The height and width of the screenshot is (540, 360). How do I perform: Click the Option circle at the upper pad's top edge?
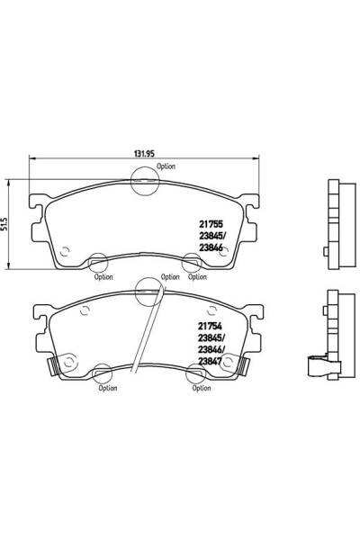(144, 181)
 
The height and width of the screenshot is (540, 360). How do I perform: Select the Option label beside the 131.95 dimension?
(166, 166)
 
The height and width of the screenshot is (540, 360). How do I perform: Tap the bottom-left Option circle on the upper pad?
(100, 264)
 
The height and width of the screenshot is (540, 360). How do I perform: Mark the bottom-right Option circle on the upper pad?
(191, 263)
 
